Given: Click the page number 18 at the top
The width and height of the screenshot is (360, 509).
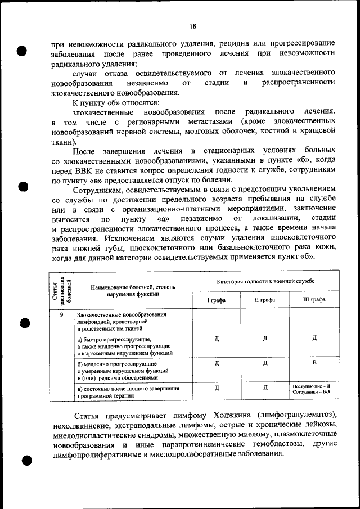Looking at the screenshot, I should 192,26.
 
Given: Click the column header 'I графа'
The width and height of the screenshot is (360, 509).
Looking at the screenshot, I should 216,300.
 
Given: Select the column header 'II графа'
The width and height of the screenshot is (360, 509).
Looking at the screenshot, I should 265,300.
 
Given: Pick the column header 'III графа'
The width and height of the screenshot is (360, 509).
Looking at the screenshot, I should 314,300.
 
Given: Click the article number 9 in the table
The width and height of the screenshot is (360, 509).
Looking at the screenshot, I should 61,314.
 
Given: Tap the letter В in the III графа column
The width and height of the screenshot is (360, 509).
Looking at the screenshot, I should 314,363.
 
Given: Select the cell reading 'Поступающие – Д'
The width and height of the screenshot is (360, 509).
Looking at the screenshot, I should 311,386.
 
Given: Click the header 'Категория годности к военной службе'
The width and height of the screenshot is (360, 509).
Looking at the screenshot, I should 265,280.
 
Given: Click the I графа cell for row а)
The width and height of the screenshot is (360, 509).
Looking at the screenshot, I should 216,338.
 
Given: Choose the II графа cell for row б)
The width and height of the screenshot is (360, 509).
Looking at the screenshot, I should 265,363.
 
